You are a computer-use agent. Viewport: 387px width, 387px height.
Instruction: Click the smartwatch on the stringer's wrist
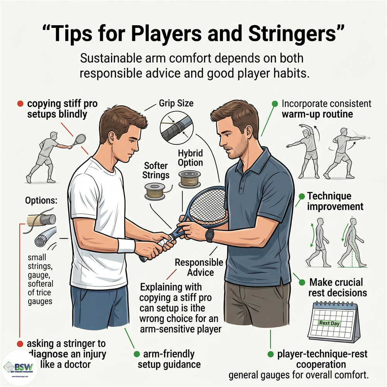210,235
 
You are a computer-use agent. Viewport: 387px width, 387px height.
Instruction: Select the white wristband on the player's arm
126,245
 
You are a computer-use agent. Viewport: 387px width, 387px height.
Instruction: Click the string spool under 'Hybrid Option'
190,180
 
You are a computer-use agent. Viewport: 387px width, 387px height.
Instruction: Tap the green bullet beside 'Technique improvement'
301,196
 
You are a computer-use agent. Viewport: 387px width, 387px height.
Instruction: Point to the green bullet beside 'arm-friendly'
136,354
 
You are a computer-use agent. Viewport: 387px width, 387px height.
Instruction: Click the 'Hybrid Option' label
190,158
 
